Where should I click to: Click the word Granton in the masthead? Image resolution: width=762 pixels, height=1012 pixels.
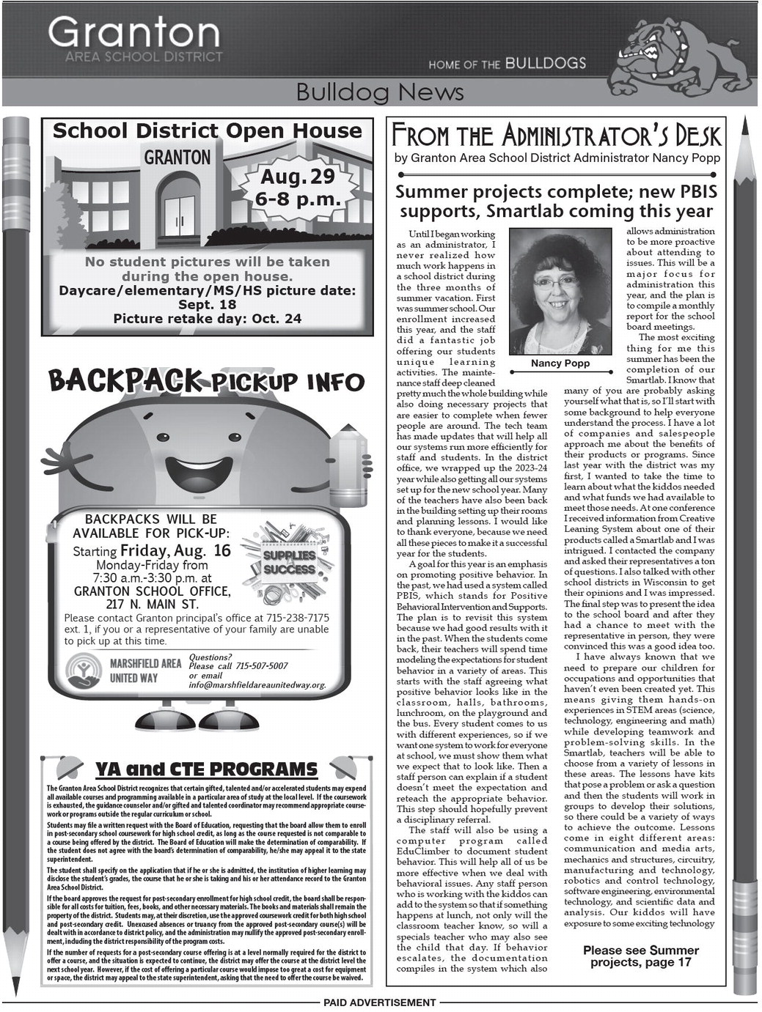point(133,33)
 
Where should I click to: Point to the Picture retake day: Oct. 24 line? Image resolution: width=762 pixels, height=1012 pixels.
point(207,319)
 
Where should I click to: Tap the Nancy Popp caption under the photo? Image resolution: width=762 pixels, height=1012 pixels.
point(560,363)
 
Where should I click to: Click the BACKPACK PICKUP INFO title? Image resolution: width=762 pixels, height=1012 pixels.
point(206,381)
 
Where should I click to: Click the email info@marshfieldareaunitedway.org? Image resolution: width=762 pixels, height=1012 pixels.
point(257,685)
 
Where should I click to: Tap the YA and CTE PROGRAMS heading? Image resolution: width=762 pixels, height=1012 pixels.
point(206,769)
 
